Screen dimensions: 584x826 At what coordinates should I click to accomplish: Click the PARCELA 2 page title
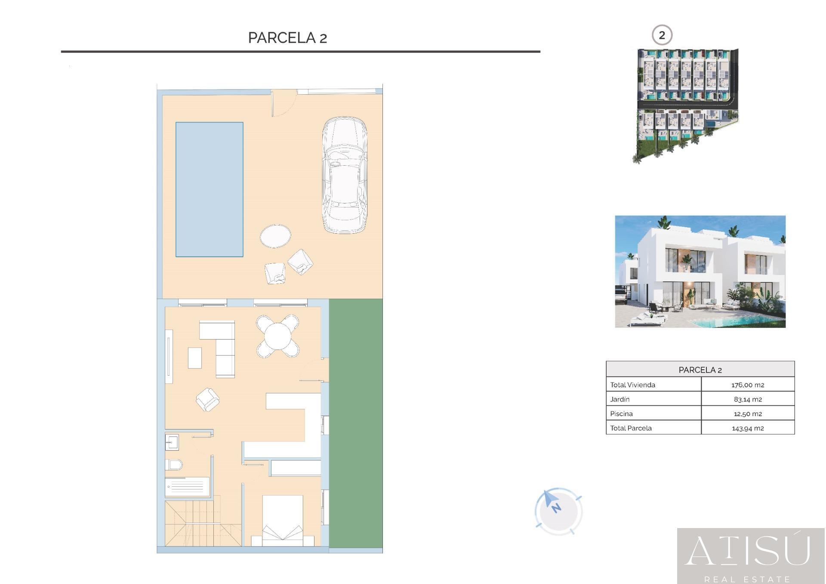287,38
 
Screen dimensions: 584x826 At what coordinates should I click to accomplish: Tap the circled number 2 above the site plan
662,35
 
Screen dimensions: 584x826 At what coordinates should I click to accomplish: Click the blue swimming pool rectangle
209,189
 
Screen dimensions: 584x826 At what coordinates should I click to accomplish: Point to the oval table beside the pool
275,236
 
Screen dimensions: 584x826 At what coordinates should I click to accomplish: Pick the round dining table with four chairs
277,336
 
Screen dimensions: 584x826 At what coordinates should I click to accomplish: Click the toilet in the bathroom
174,465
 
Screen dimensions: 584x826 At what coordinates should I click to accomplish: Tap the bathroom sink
172,442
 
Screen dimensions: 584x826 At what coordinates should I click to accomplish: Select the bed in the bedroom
283,521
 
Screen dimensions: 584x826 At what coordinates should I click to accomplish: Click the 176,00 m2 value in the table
748,385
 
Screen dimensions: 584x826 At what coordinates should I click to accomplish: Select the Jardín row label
620,399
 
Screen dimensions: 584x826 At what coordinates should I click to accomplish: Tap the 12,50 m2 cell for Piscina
748,414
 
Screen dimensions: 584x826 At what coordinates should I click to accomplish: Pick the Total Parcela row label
631,428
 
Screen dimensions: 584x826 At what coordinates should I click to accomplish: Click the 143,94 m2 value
748,428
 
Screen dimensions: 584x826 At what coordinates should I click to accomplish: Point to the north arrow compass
558,511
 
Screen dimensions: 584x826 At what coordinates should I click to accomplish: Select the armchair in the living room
207,399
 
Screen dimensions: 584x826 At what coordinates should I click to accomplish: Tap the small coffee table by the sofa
195,358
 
